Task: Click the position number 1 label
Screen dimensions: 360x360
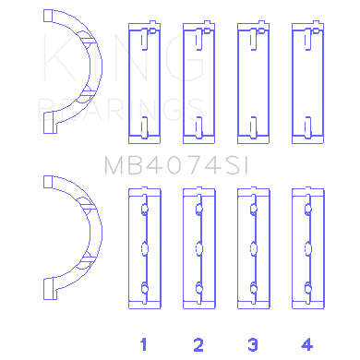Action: (143, 344)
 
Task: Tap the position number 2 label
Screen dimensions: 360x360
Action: (198, 344)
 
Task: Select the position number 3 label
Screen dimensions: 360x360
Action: (253, 344)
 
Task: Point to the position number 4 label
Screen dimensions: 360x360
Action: (307, 344)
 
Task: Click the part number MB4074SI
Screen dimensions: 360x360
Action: (176, 165)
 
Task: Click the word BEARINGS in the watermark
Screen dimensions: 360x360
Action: (121, 110)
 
